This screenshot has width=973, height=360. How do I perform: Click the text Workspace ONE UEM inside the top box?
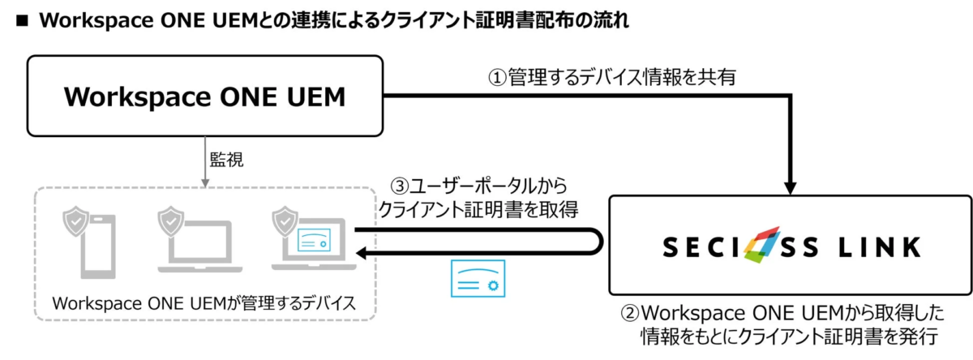(205, 96)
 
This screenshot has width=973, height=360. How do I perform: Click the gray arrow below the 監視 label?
(205, 166)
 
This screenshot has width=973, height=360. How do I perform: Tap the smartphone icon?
(92, 242)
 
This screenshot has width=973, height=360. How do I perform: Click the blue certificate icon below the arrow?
(478, 280)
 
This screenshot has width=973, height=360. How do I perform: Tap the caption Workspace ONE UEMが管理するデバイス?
(204, 303)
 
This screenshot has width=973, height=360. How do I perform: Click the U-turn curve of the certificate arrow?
(598, 241)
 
